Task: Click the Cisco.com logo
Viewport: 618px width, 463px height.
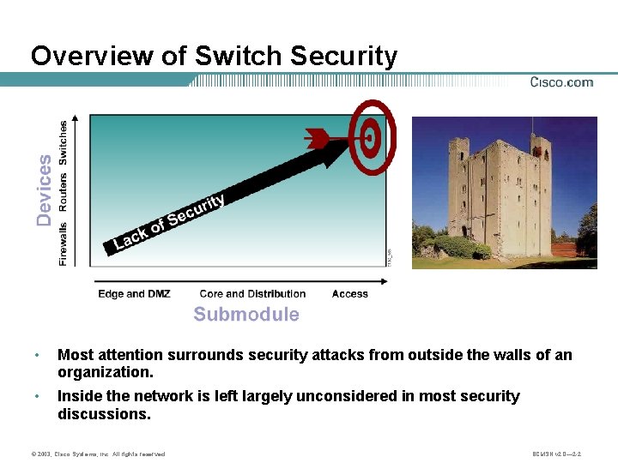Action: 561,82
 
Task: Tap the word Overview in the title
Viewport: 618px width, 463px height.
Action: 95,57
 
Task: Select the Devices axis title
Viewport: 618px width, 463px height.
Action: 44,189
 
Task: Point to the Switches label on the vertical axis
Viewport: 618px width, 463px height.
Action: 64,142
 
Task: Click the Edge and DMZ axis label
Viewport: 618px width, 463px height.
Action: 134,294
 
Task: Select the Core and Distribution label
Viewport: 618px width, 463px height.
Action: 252,294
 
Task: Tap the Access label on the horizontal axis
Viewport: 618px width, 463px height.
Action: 349,294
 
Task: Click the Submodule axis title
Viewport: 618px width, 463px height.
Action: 246,315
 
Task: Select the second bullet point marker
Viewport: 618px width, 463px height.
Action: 36,397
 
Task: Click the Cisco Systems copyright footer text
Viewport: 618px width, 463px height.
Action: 96,454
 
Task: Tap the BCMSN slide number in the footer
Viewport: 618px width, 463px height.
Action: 557,454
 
